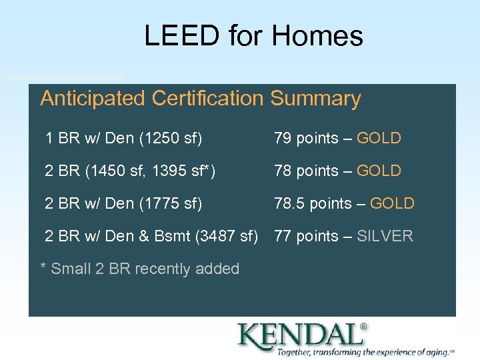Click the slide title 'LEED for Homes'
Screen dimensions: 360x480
click(253, 36)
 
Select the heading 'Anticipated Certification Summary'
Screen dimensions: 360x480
click(200, 99)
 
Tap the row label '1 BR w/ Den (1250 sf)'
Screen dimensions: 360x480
click(124, 139)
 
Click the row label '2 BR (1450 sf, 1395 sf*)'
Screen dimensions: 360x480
click(130, 171)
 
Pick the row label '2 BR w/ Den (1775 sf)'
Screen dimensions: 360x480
click(123, 203)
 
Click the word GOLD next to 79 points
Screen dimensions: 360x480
click(379, 139)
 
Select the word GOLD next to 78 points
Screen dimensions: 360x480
click(379, 171)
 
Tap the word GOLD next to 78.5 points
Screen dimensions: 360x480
click(392, 203)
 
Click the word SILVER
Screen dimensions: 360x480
click(385, 236)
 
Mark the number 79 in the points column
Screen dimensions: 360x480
click(283, 139)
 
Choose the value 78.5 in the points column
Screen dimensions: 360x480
click(288, 203)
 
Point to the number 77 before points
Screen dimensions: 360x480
click(283, 236)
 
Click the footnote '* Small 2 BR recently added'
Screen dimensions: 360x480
click(140, 269)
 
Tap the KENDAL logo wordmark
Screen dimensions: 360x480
click(298, 335)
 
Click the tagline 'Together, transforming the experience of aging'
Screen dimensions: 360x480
click(363, 352)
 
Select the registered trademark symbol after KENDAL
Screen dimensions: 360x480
click(363, 327)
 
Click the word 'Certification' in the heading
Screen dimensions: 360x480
click(208, 99)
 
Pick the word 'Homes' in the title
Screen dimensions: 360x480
click(317, 36)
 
